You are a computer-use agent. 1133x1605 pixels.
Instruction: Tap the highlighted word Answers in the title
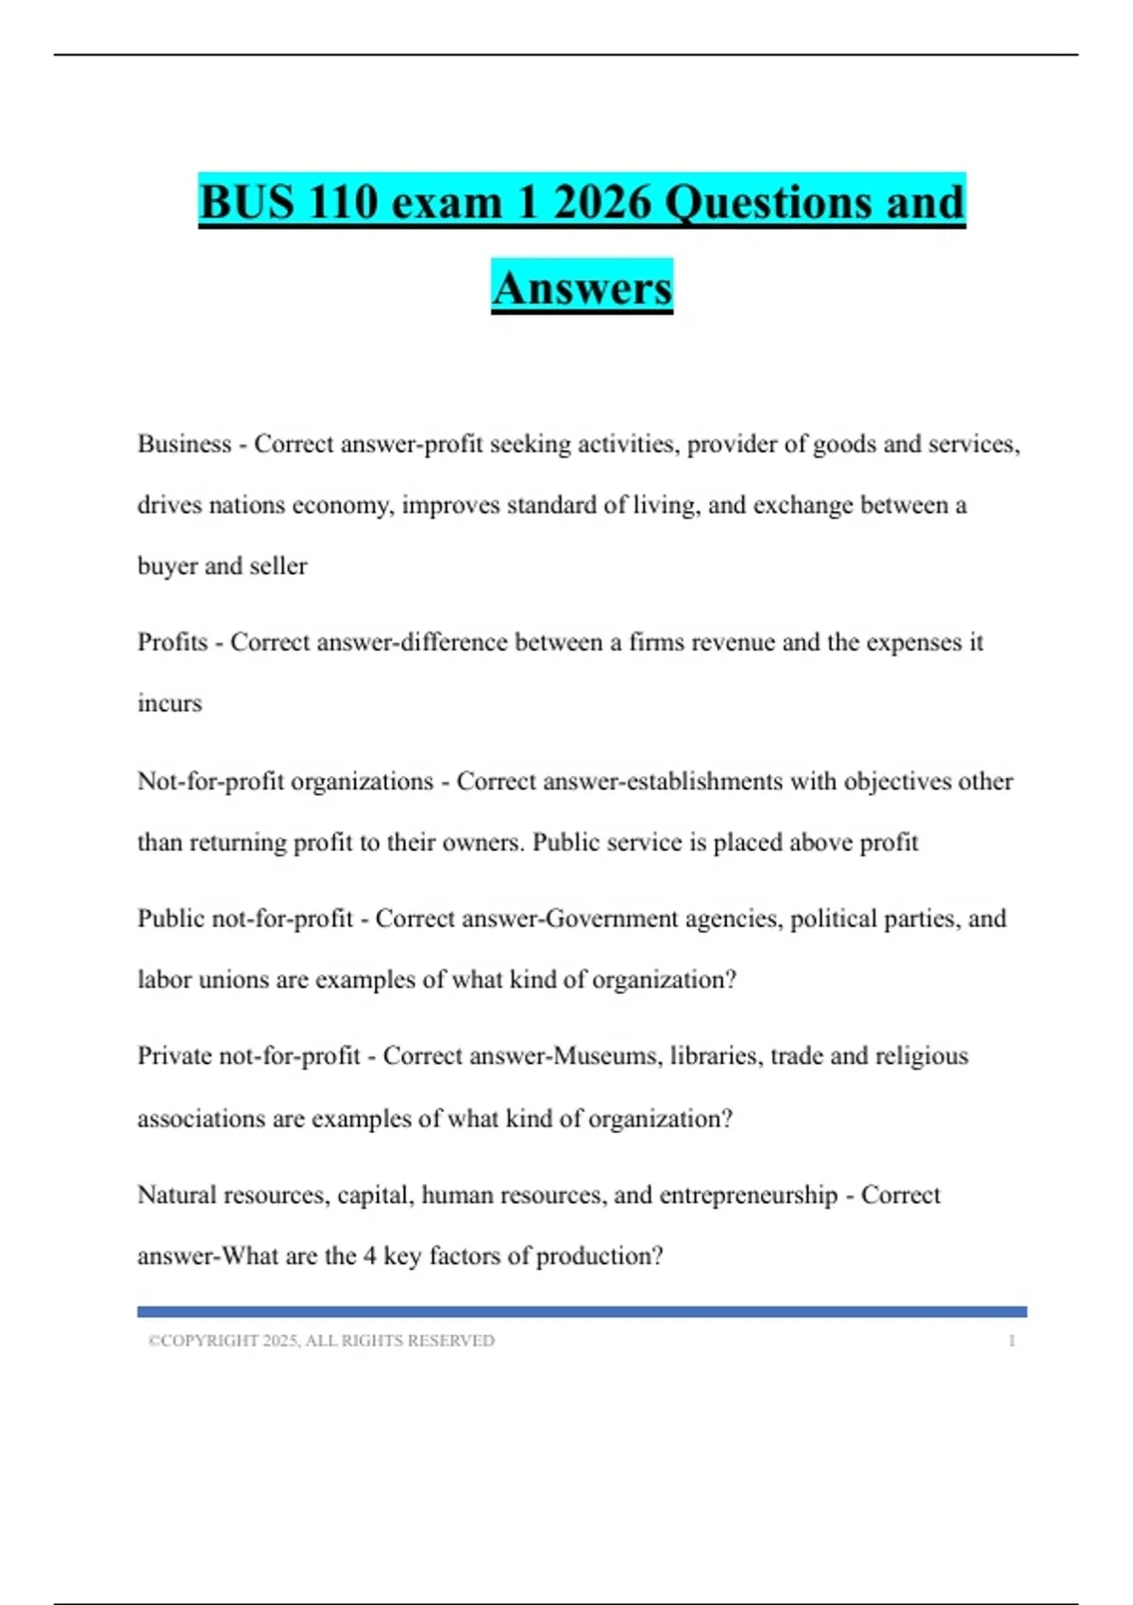pyautogui.click(x=582, y=288)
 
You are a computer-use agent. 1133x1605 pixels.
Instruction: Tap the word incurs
pyautogui.click(x=169, y=703)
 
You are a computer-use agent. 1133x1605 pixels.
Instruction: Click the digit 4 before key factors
pyautogui.click(x=369, y=1257)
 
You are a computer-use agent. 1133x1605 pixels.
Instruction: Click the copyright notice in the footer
pyautogui.click(x=321, y=1341)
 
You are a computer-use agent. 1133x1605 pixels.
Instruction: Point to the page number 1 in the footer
pyautogui.click(x=1011, y=1341)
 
